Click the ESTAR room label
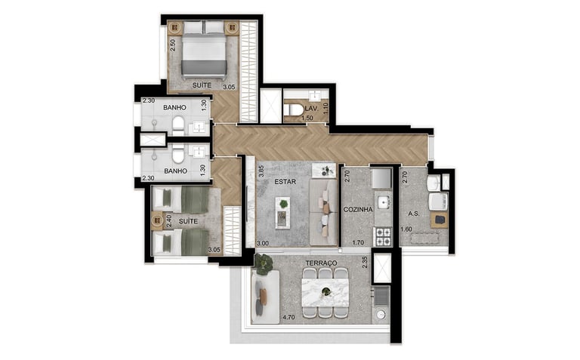(x=285, y=182)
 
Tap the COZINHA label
(x=358, y=210)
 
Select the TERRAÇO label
(x=321, y=263)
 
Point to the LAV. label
(x=311, y=109)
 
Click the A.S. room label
(x=413, y=214)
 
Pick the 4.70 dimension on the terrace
(x=288, y=318)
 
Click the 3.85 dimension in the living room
(x=261, y=171)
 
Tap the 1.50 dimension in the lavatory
(x=307, y=118)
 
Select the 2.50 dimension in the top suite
(x=172, y=45)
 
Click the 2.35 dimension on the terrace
(x=364, y=262)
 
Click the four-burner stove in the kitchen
(x=383, y=236)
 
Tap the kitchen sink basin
(x=383, y=202)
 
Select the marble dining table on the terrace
(x=325, y=292)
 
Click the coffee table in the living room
(x=282, y=213)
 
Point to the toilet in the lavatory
(x=295, y=109)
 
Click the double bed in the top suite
(x=204, y=49)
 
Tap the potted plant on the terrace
(x=264, y=265)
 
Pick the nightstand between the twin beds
(x=157, y=221)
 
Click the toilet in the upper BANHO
(x=178, y=126)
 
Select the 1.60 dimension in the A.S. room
(x=406, y=229)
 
